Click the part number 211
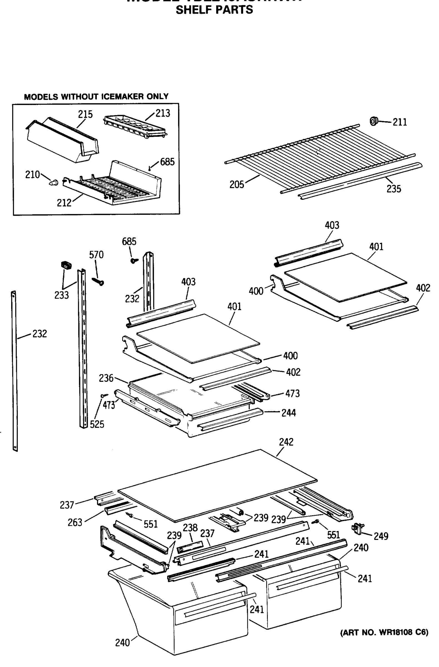click(400, 122)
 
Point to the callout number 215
click(85, 114)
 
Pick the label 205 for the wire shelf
click(237, 185)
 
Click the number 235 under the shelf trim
click(394, 189)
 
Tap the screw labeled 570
click(98, 281)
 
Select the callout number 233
click(61, 295)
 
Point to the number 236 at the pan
click(106, 378)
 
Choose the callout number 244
click(289, 413)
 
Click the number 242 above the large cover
click(286, 442)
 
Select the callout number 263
click(75, 522)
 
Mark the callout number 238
click(190, 528)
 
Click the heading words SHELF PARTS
click(214, 10)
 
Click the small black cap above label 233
click(66, 265)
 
